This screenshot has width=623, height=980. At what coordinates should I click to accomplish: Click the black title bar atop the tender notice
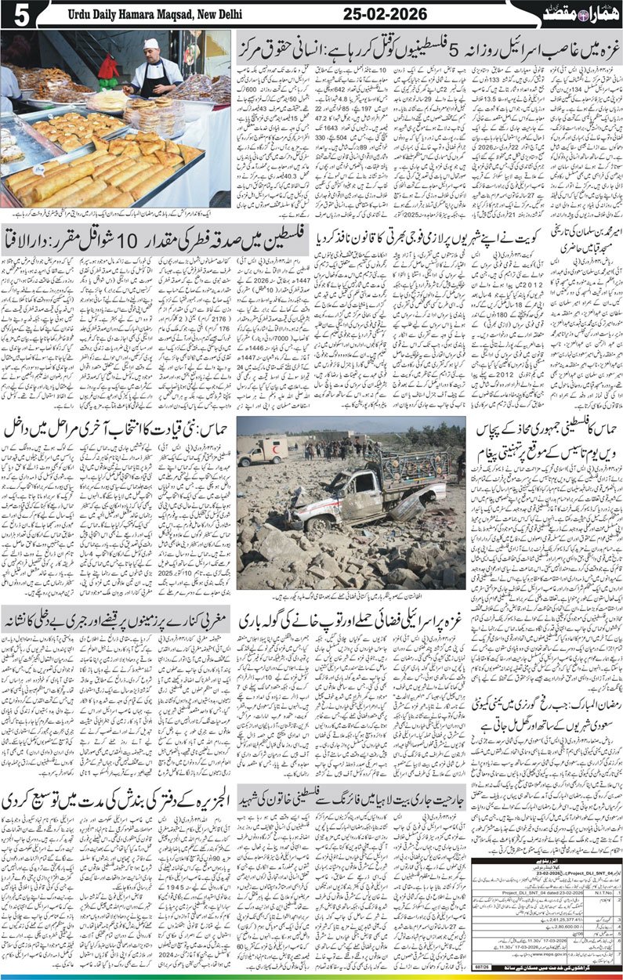click(549, 863)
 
